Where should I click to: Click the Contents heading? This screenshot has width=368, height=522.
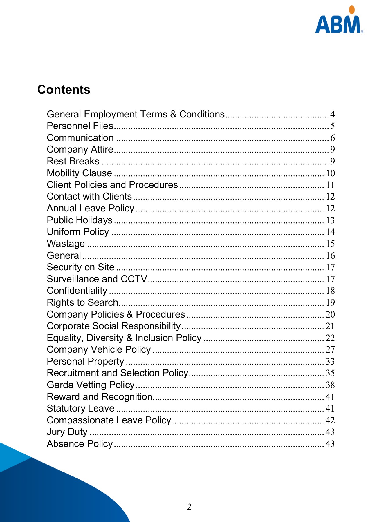[x=64, y=89]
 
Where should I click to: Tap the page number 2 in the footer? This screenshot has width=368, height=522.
[x=189, y=507]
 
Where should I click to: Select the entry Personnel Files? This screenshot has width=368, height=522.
[x=80, y=126]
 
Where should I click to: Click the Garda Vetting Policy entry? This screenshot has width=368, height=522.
[x=91, y=385]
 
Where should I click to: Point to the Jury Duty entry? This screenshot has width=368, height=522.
[x=67, y=432]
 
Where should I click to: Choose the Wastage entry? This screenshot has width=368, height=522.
[x=66, y=244]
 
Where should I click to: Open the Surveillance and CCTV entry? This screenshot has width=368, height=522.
[x=97, y=279]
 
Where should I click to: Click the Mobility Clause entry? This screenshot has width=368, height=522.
[x=79, y=173]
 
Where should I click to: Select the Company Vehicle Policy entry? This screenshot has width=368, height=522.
[x=99, y=349]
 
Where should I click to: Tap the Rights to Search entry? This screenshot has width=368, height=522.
[x=82, y=302]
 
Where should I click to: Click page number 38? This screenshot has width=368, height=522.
[x=330, y=385]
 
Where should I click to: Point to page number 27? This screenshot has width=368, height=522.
[x=330, y=349]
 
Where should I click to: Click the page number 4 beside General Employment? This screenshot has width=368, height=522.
[x=332, y=114]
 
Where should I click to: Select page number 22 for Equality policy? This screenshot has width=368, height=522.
[x=330, y=338]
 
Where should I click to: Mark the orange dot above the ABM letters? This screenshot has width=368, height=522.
[x=352, y=10]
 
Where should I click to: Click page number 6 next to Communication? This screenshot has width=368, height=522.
[x=332, y=138]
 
